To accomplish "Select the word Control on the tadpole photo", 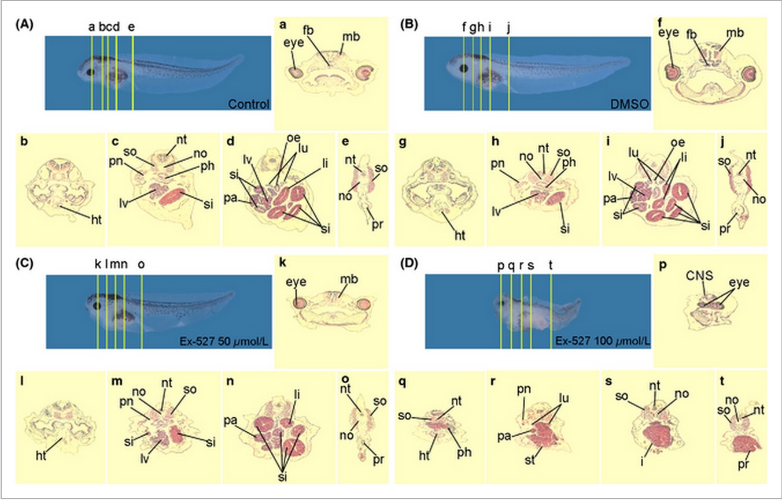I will [249, 105].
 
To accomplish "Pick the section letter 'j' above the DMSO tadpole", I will [508, 27].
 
